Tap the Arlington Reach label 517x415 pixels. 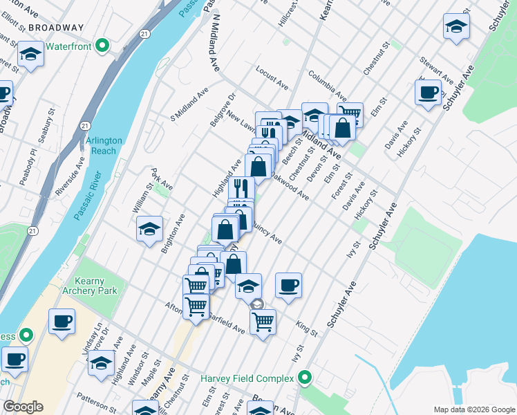point(104,145)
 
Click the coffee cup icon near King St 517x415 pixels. point(288,285)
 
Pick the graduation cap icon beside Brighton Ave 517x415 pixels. point(149,230)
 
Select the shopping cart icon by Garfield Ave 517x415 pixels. point(263,321)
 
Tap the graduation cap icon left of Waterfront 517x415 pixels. point(30,54)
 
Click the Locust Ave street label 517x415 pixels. point(271,77)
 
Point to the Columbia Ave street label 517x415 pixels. point(327,84)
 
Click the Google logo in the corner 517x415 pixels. point(23,407)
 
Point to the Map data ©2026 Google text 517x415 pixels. point(473,409)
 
